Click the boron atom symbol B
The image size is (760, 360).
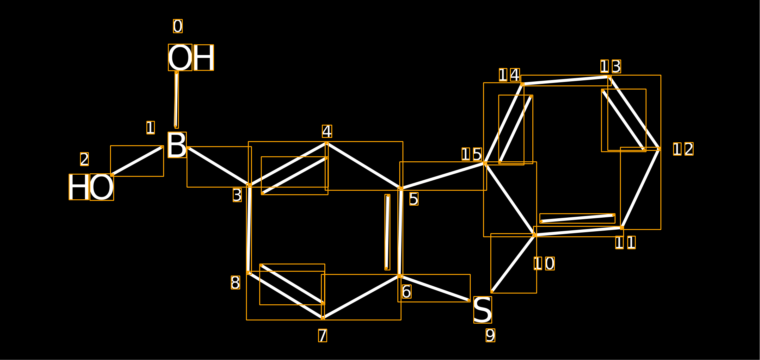177,145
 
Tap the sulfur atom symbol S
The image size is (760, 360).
482,310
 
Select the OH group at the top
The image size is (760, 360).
191,57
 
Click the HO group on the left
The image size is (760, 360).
91,187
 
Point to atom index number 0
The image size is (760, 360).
178,26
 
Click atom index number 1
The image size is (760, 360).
150,127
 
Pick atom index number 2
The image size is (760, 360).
84,159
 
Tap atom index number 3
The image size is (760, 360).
237,195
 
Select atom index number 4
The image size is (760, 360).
327,131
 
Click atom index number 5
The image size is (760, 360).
414,199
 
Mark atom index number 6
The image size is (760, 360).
407,292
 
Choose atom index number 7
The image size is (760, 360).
322,335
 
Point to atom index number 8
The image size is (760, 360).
236,282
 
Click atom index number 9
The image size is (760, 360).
490,335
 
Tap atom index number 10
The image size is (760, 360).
544,264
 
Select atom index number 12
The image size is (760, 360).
683,149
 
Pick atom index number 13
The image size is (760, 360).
611,66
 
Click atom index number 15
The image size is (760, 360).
472,154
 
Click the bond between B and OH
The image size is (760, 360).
176,99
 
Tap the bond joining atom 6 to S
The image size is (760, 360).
435,288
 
